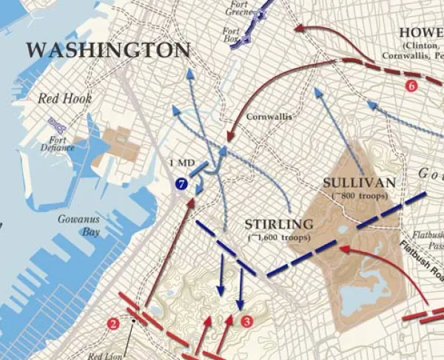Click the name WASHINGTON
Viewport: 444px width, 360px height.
pyautogui.click(x=108, y=50)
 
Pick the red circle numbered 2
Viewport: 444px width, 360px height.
pyautogui.click(x=112, y=322)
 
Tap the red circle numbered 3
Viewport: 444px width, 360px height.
pyautogui.click(x=247, y=321)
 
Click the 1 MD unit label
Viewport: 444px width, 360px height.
pyautogui.click(x=181, y=163)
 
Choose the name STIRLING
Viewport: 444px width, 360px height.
pyautogui.click(x=279, y=223)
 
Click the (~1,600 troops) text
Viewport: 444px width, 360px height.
pyautogui.click(x=278, y=237)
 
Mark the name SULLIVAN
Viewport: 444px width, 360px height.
pyautogui.click(x=359, y=181)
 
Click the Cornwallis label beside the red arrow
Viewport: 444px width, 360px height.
pyautogui.click(x=269, y=117)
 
